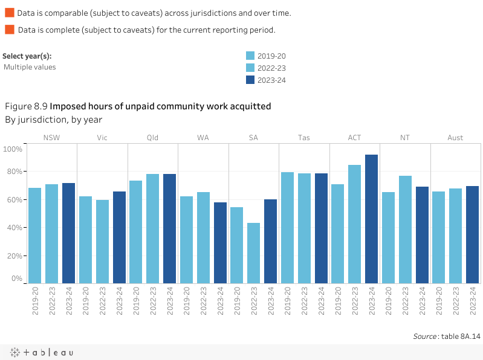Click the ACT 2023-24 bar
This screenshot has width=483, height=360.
[x=371, y=219]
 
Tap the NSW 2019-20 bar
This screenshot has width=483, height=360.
[x=35, y=236]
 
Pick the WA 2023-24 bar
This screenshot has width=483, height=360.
[x=220, y=243]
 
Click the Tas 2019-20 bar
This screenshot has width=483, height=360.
[x=287, y=228]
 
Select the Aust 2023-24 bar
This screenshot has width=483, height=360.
[x=472, y=235]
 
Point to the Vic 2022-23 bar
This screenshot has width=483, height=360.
[x=102, y=242]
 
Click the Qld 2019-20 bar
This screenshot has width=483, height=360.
[x=136, y=232]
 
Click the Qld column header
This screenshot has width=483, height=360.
[x=153, y=138]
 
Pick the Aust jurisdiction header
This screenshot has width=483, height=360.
[x=455, y=138]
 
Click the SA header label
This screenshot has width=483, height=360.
[x=253, y=138]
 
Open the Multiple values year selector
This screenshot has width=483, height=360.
[x=30, y=67]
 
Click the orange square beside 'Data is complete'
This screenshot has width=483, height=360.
[x=9, y=30]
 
